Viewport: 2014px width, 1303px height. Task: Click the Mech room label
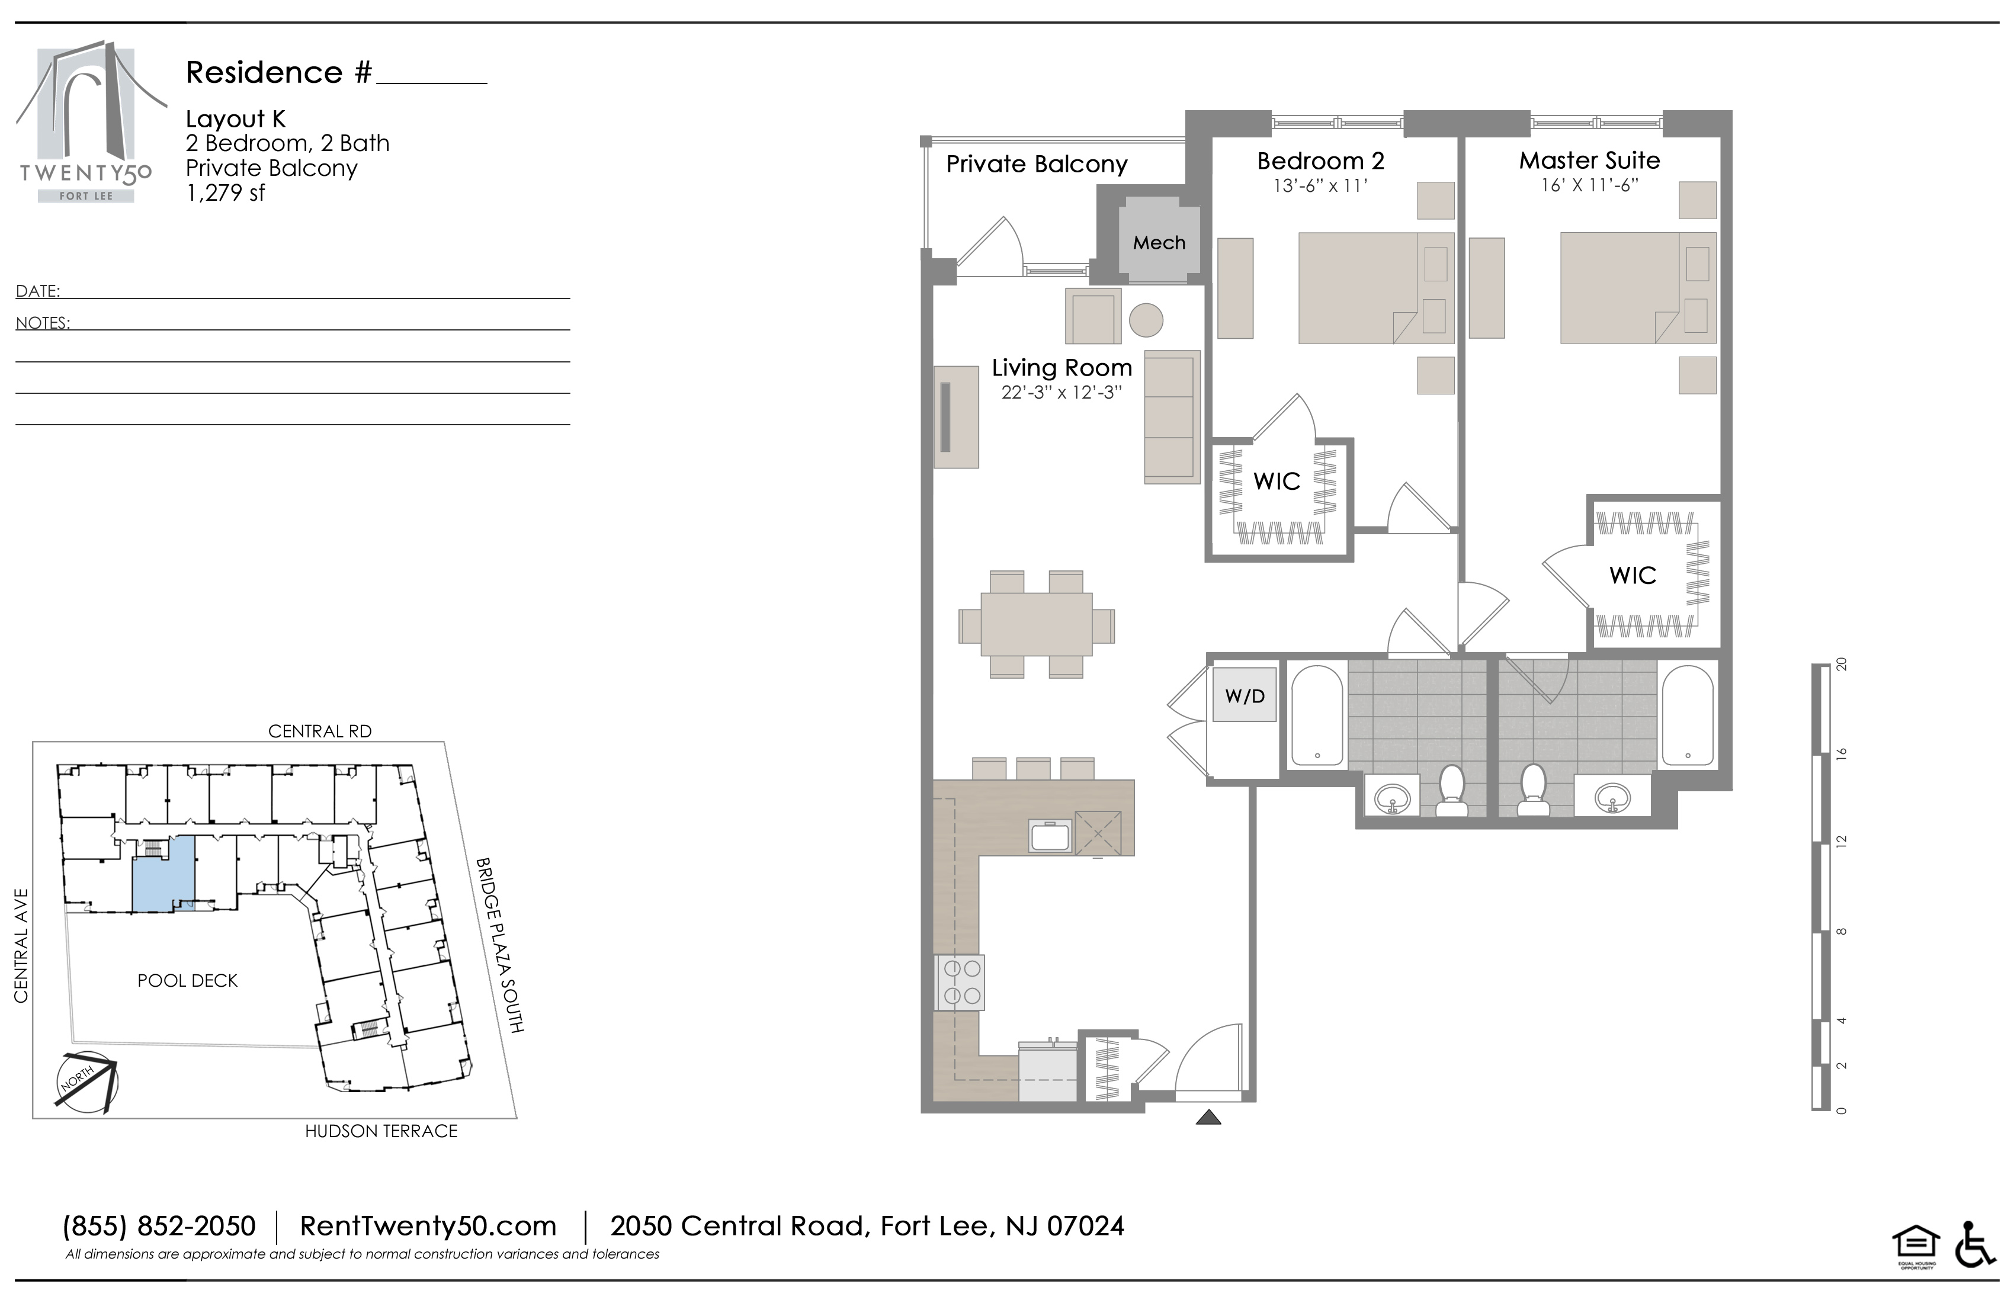pyautogui.click(x=1159, y=243)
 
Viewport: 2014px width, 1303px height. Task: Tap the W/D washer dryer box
pyautogui.click(x=1244, y=695)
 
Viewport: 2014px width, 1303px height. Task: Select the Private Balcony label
pyautogui.click(x=1037, y=164)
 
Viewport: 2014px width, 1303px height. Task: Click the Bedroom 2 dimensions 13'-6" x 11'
pyautogui.click(x=1320, y=186)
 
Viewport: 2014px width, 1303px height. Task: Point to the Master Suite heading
pyautogui.click(x=1589, y=160)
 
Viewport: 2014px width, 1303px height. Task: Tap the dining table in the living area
pyautogui.click(x=1037, y=624)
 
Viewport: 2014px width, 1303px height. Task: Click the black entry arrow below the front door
pyautogui.click(x=1208, y=1118)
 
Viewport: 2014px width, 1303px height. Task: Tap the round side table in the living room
pyautogui.click(x=1146, y=320)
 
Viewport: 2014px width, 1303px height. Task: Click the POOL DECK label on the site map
pyautogui.click(x=188, y=981)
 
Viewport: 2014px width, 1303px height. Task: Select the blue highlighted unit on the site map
pyautogui.click(x=163, y=873)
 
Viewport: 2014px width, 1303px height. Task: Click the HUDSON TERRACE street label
pyautogui.click(x=381, y=1131)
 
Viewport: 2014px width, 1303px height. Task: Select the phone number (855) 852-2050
pyautogui.click(x=159, y=1226)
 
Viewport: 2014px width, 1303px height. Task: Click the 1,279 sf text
pyautogui.click(x=226, y=193)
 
